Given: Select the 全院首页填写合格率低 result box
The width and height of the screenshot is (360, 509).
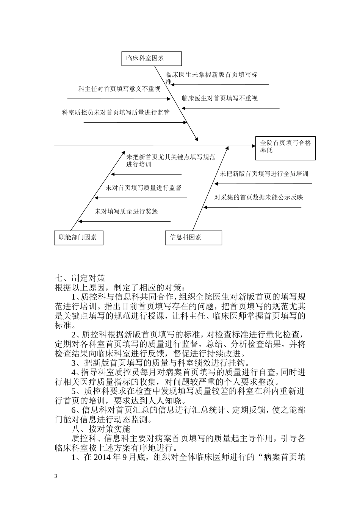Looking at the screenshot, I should click(285, 148).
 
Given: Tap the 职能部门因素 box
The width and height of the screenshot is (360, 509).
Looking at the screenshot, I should click(78, 237).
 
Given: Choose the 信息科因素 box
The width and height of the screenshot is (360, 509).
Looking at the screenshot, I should click(193, 237).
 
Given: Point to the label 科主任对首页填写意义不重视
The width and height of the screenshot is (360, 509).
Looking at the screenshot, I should click(119, 89).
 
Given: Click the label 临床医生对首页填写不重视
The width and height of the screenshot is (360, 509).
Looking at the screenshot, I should click(220, 98).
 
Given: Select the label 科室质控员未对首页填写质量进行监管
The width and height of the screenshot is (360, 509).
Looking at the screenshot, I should click(116, 112).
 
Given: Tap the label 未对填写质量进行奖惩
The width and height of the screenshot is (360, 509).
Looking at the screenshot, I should click(126, 211).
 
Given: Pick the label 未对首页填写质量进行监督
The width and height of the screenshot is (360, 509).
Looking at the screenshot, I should click(144, 188).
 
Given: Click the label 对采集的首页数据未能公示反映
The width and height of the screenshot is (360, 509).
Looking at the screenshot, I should click(259, 197).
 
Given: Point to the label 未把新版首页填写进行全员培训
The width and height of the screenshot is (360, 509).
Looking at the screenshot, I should click(265, 174).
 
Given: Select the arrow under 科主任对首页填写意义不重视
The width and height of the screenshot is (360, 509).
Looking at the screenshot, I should click(119, 99).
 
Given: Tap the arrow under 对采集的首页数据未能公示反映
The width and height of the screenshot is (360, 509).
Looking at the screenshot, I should click(252, 207).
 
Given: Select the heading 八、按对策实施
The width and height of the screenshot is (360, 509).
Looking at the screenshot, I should click(101, 429).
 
